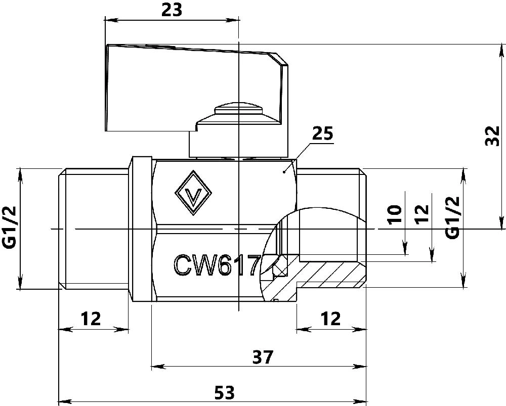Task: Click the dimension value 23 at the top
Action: click(x=172, y=10)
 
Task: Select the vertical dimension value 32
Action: click(x=493, y=136)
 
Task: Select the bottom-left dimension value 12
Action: click(x=91, y=319)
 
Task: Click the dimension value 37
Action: click(x=263, y=356)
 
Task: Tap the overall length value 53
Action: click(x=225, y=393)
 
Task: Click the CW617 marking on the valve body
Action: click(x=217, y=265)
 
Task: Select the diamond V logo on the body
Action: click(x=193, y=193)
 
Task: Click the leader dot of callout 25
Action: click(x=284, y=172)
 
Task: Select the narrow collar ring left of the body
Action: click(x=141, y=229)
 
